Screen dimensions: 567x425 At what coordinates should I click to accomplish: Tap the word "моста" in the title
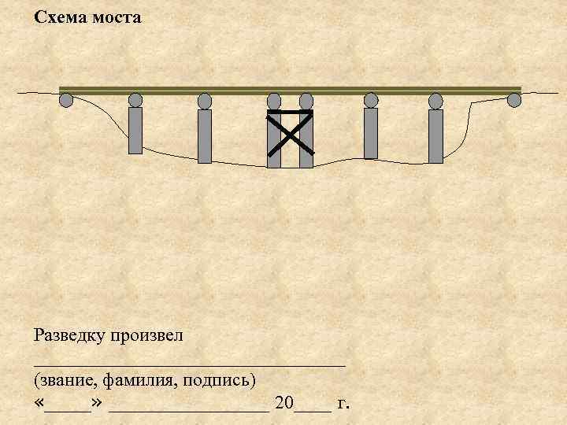coord(117,17)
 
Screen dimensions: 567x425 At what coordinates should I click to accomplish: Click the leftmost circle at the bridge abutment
coord(66,100)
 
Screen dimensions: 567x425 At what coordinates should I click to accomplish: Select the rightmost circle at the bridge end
coord(514,100)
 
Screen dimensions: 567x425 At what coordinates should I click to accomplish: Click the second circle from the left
coord(135,100)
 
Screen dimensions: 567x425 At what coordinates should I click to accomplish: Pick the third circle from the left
coord(205,101)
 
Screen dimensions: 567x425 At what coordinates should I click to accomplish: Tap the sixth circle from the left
coord(371,100)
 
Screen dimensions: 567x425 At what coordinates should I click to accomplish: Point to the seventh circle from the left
coord(435,101)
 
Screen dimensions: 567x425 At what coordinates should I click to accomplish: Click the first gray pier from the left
coord(135,130)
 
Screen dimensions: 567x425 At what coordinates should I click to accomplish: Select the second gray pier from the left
coord(205,135)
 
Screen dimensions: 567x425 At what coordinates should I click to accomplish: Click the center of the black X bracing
coord(291,132)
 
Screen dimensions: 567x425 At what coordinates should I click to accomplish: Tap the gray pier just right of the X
coord(371,132)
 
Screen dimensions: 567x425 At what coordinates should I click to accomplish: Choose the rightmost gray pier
coord(435,135)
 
